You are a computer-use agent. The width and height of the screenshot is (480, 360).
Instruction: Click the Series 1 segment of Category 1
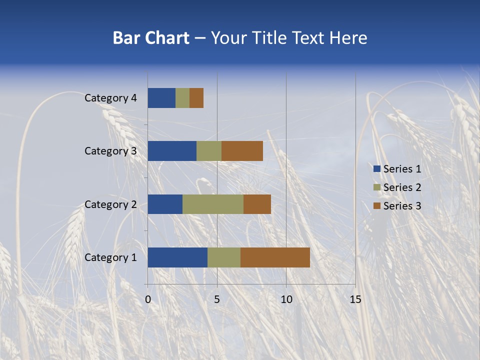tap(177, 257)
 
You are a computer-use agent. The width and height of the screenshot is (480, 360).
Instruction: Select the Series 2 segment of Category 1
tap(224, 257)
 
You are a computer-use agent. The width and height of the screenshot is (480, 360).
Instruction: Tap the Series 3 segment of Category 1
tap(275, 257)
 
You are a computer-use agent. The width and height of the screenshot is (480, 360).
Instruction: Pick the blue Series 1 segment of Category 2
tap(165, 204)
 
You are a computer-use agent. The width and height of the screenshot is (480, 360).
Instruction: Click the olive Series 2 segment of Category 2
tap(213, 204)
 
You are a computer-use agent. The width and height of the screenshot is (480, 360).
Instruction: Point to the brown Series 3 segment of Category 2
tap(257, 204)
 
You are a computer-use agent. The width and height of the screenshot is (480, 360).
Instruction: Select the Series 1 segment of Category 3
tap(172, 151)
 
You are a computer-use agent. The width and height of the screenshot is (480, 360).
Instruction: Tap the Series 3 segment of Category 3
tap(242, 151)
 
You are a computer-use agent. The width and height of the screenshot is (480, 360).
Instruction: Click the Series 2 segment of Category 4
tap(182, 98)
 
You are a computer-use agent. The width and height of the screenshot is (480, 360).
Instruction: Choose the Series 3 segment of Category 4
tap(196, 98)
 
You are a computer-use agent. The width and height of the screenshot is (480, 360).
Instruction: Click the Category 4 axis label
tap(110, 98)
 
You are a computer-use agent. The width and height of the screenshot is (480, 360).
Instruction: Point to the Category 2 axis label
tap(110, 204)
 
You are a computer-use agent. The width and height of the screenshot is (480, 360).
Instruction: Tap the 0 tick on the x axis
tap(148, 299)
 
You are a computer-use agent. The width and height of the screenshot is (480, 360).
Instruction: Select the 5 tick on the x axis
tap(217, 299)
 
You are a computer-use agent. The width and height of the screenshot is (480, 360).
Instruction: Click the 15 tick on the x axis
tap(355, 299)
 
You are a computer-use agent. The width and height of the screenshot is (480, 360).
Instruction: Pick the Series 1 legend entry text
tap(402, 169)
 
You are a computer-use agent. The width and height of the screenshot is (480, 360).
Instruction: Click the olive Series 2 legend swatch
tap(376, 187)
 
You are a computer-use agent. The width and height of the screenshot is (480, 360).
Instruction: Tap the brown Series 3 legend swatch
tap(376, 206)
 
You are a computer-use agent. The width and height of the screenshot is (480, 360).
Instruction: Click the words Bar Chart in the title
tap(151, 38)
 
